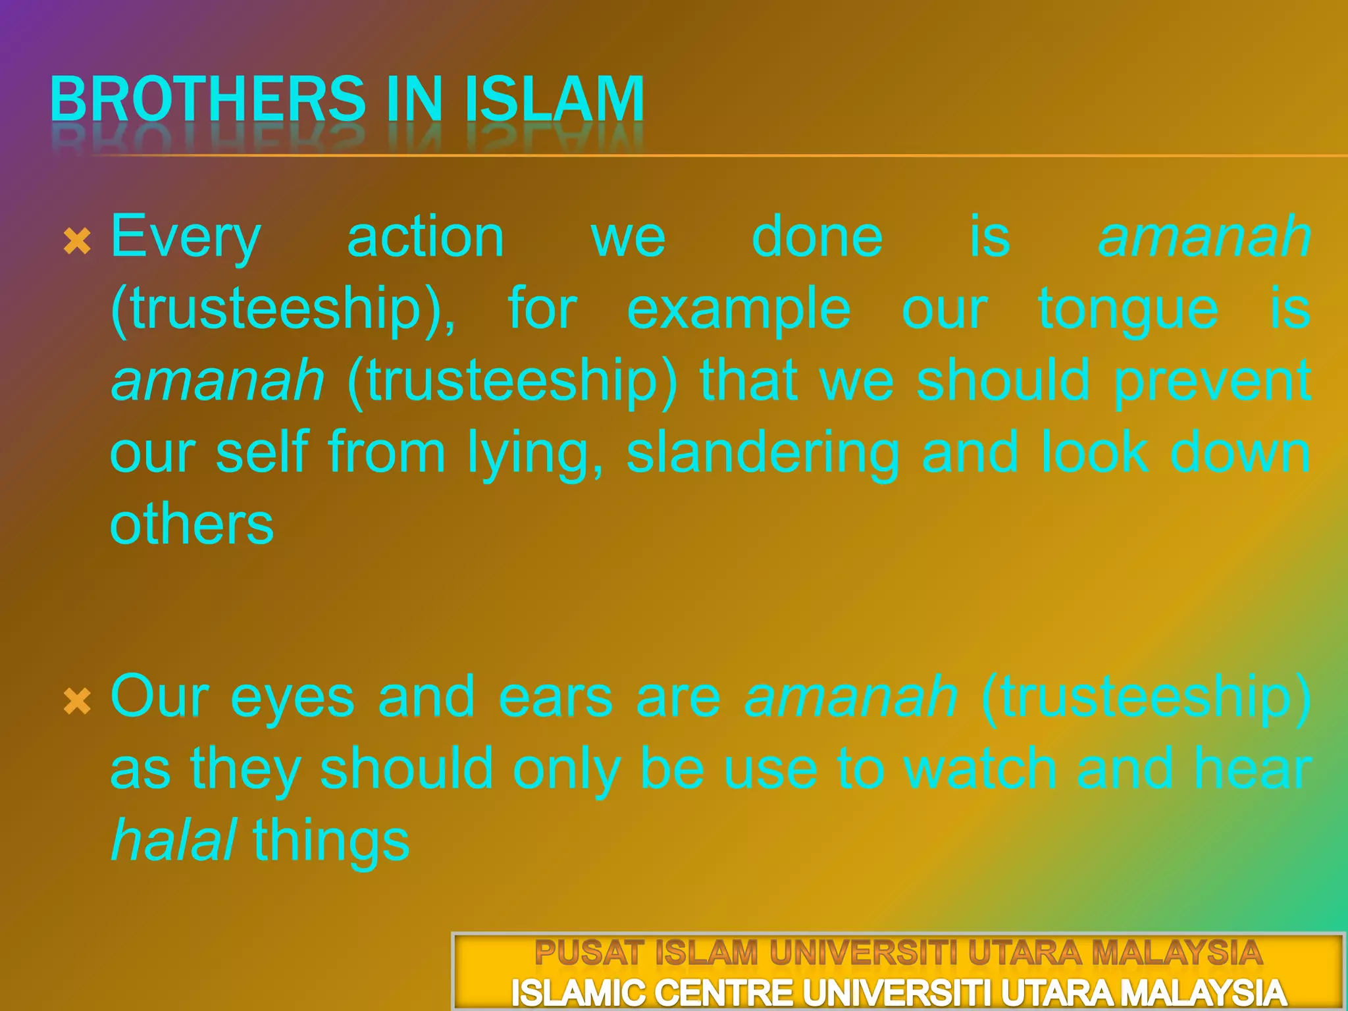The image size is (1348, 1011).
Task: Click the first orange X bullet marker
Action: coord(77,242)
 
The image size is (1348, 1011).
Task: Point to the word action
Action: coord(425,237)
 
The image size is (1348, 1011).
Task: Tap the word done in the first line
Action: coord(817,237)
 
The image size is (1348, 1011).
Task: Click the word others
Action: coord(192,525)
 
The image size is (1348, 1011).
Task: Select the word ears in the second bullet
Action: coord(556,698)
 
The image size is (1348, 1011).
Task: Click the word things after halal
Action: coord(331,842)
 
